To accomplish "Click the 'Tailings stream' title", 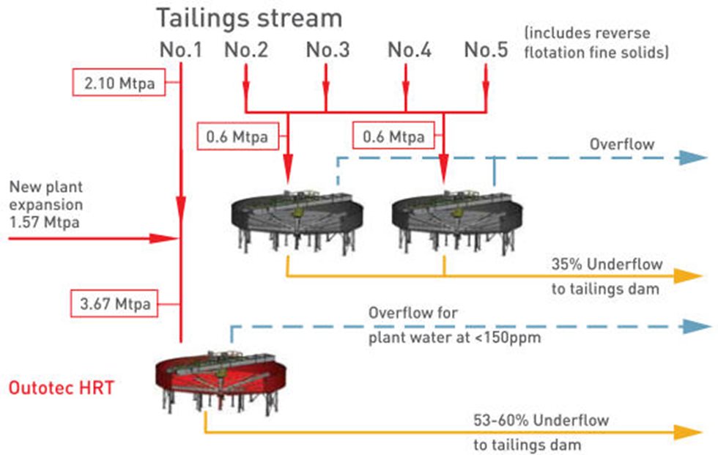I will pyautogui.click(x=250, y=18).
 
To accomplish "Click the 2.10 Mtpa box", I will pyautogui.click(x=119, y=84).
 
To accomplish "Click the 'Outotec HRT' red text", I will pyautogui.click(x=62, y=387).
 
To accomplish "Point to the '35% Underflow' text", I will pyautogui.click(x=606, y=264).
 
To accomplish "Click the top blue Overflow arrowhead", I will pyautogui.click(x=693, y=158).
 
